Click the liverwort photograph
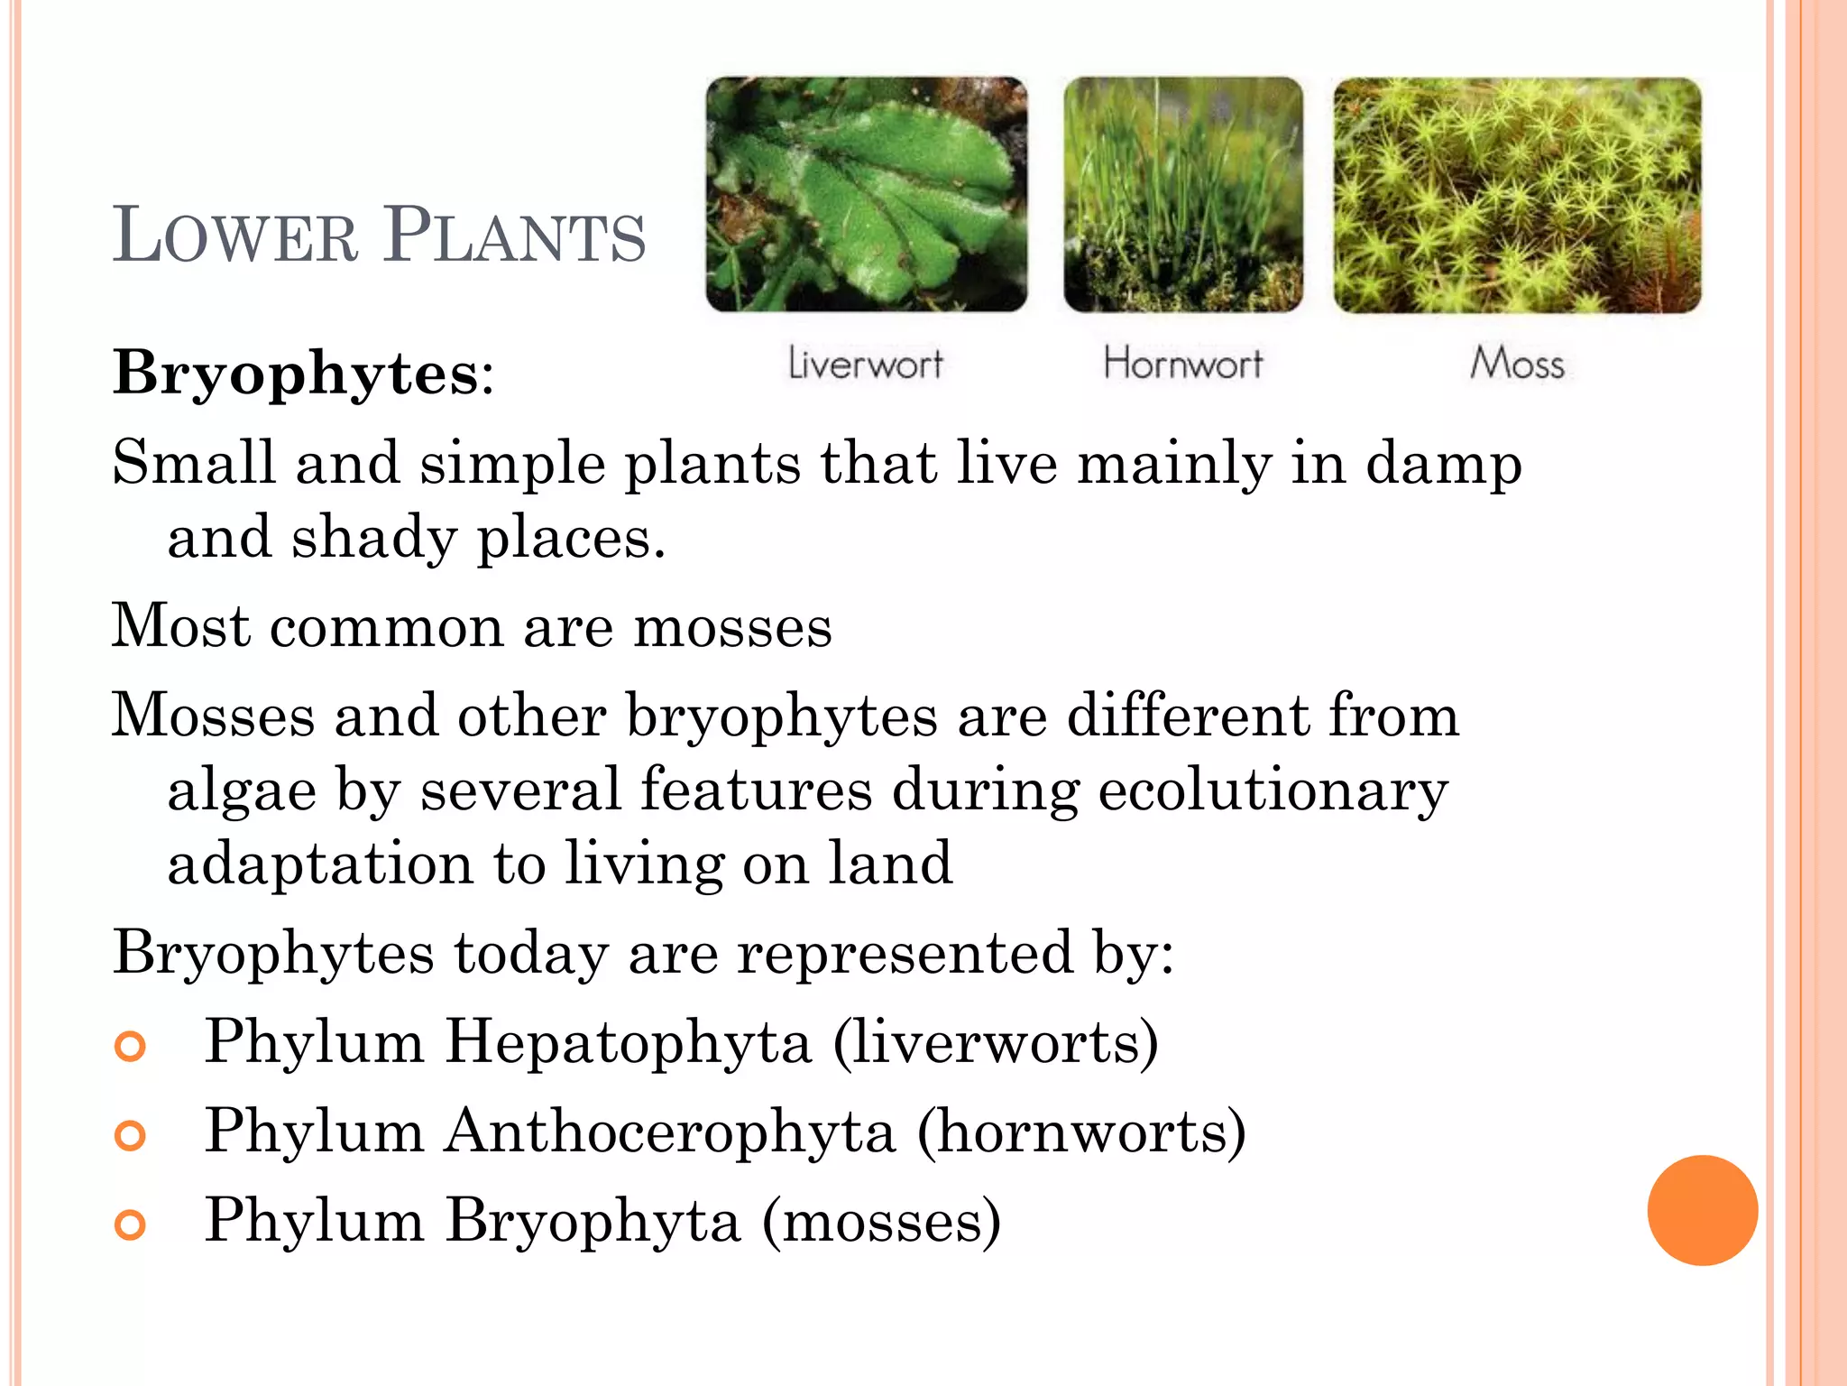866,194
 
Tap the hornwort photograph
1183,194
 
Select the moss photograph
1517,195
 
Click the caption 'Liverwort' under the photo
866,364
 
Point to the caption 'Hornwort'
1183,364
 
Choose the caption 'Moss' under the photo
1517,364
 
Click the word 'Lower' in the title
235,236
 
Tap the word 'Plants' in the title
515,236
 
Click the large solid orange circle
1702,1210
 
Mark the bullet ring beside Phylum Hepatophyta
131,1047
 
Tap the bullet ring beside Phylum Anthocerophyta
131,1135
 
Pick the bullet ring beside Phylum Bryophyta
131,1224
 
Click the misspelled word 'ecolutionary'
1273,790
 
